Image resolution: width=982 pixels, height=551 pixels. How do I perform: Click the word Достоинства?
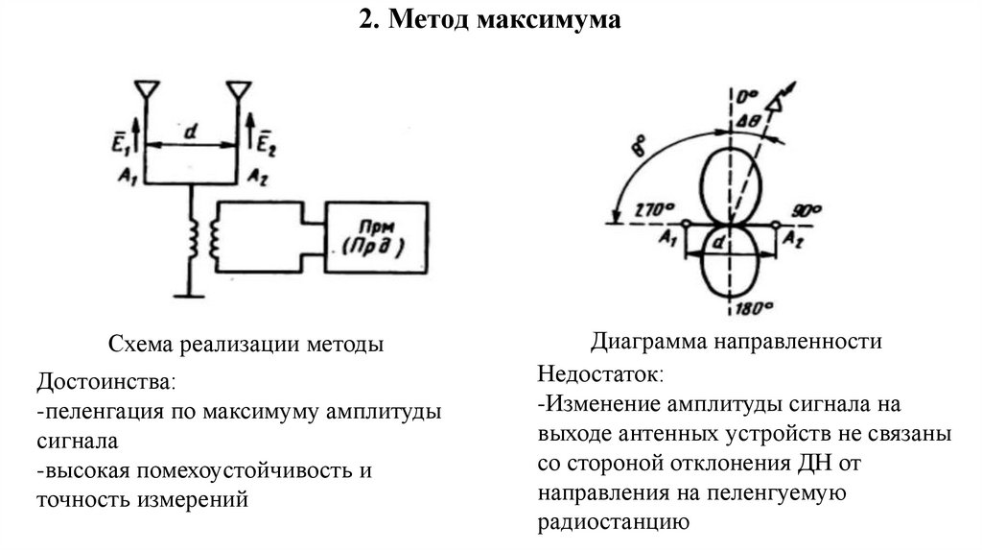106,381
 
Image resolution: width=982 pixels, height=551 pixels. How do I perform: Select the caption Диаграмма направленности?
736,341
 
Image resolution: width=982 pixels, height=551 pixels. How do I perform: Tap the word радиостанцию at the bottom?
613,522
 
